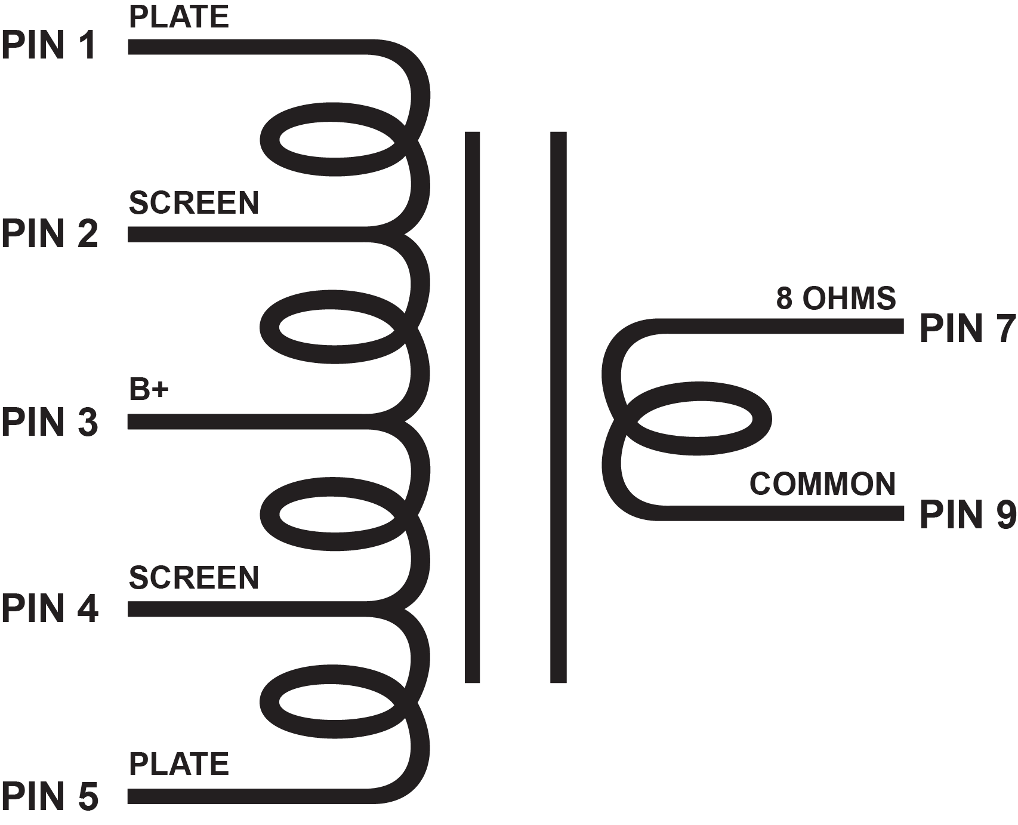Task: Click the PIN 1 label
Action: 49,46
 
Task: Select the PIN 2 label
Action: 50,233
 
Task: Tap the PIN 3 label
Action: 50,421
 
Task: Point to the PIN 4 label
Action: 50,609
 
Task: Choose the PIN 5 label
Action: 50,796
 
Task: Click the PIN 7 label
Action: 967,328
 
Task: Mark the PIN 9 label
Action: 967,514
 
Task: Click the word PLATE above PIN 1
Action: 178,17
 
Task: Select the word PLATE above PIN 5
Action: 178,764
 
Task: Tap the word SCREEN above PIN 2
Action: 194,203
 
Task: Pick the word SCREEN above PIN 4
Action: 194,578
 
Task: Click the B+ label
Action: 149,390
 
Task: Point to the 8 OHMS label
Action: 835,298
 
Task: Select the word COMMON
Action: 822,484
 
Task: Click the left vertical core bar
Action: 472,406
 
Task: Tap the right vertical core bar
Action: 558,406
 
